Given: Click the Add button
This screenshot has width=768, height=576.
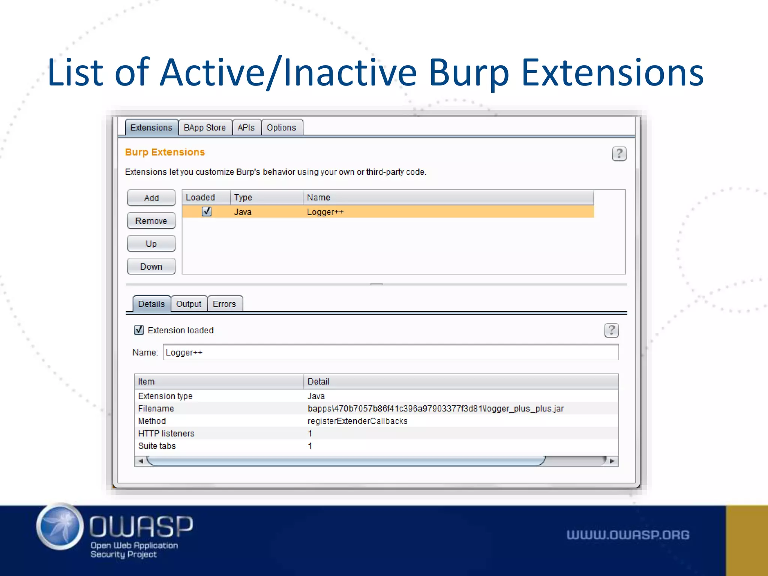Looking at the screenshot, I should pos(151,198).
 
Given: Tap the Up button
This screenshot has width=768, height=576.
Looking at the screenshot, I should pos(151,244).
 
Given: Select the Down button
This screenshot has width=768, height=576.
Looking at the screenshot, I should pos(151,267).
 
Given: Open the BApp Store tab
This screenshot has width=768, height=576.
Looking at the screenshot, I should pos(205,127).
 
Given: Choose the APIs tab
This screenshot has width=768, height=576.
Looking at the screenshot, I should pos(246,127).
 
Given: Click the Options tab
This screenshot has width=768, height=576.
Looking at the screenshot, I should pos(281,127).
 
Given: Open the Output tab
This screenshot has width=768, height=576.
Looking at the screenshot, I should pos(189,304).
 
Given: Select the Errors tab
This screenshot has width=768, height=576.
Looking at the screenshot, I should pos(224,304).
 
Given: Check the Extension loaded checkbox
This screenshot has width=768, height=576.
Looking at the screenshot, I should pos(139,330).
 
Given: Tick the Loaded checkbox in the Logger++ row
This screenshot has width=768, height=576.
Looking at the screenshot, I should pos(207,211).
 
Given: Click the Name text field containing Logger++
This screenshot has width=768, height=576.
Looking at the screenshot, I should pos(390,352).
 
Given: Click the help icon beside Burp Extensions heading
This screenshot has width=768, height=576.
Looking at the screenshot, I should pos(619,154).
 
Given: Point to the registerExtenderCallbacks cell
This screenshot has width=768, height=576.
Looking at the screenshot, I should pos(357,421).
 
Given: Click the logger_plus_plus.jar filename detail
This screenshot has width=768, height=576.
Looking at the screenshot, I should pos(435,408).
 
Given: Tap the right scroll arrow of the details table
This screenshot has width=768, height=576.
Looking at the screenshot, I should pos(612,461).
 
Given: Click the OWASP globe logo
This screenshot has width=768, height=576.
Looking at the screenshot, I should pos(60,526).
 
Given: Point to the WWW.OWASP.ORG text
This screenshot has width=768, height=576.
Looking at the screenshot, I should pos(628,535).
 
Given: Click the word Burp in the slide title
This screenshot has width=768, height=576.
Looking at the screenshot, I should pos(469,73).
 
